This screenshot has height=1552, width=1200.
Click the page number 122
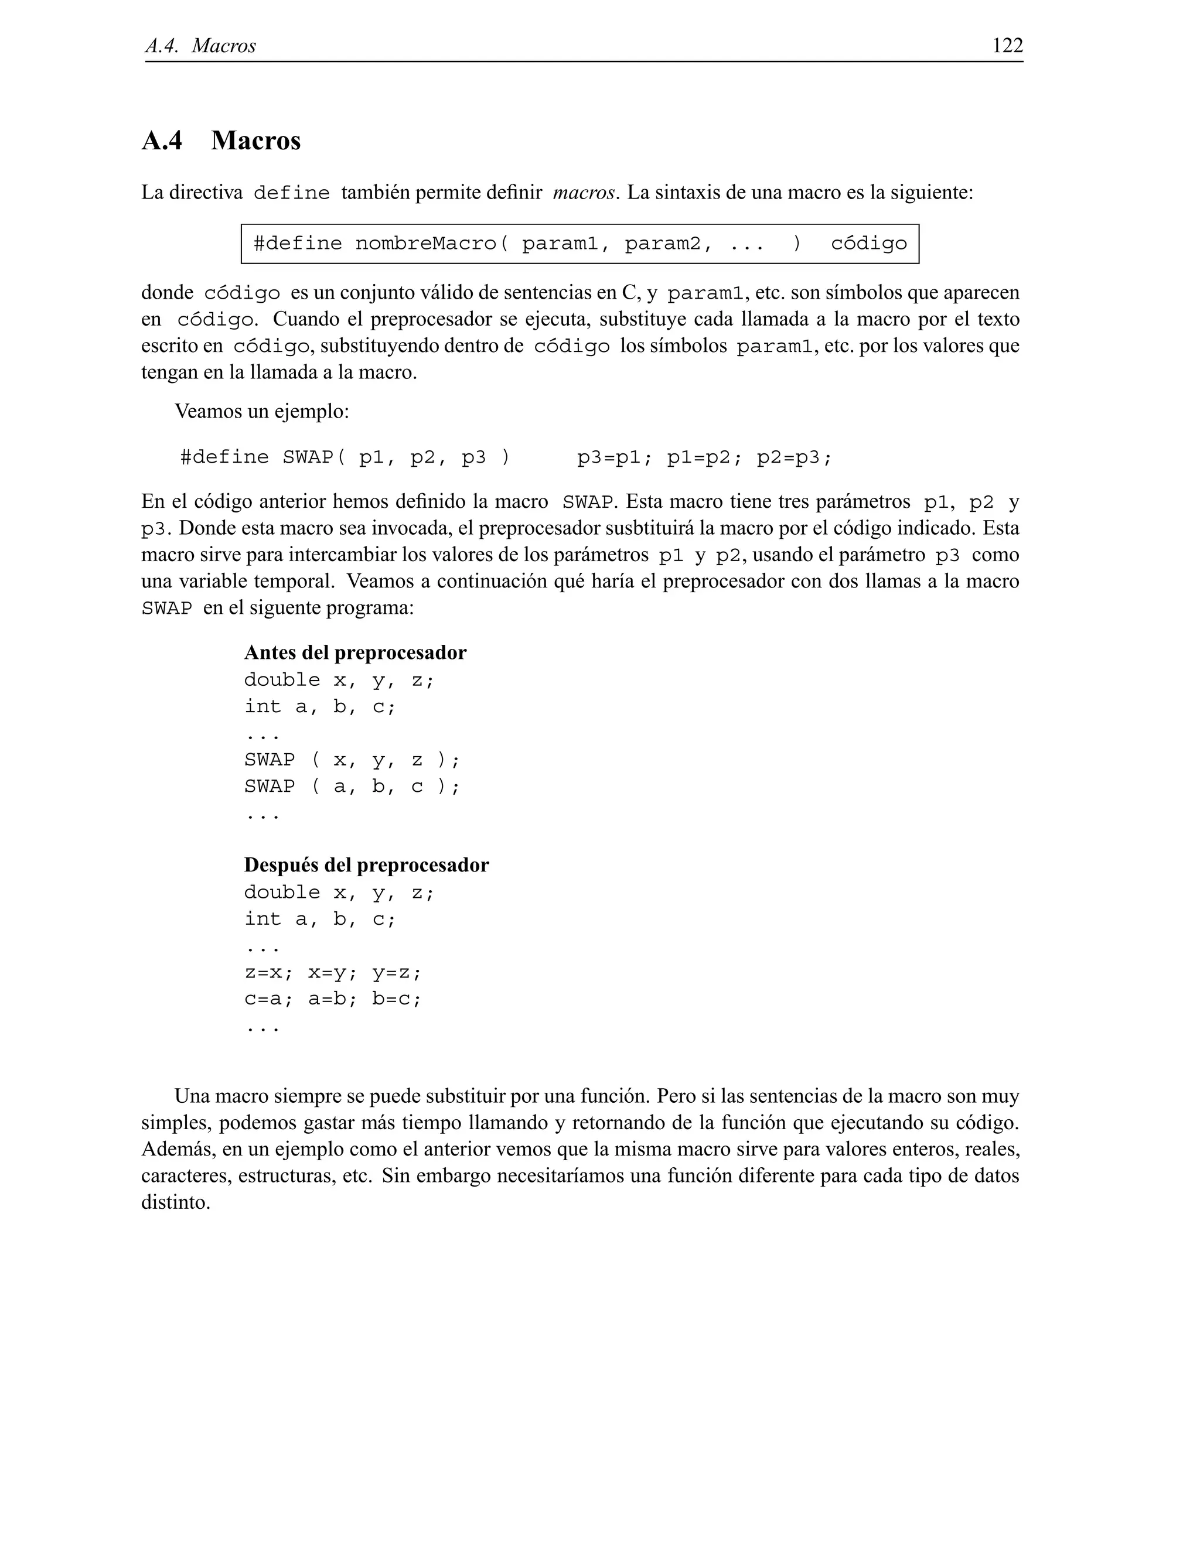coord(1007,46)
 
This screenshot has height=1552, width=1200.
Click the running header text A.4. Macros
coord(200,46)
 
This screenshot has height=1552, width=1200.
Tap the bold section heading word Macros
coord(256,141)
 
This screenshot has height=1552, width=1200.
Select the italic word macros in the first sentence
coord(583,193)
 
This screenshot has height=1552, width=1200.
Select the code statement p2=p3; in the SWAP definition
coord(793,457)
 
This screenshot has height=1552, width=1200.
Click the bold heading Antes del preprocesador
coord(354,652)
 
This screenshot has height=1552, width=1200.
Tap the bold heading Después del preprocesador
coord(366,865)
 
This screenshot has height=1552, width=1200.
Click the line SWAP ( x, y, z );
coord(352,760)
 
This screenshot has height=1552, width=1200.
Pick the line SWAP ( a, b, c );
coord(352,786)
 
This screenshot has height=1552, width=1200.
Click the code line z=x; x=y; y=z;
coord(333,972)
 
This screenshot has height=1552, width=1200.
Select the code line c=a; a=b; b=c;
coord(333,999)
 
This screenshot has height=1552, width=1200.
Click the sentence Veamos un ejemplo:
coord(261,412)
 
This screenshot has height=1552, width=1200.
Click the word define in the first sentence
coord(291,193)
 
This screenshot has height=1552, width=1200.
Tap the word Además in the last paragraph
coord(175,1149)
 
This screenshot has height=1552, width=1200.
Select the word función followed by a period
coord(611,1096)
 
